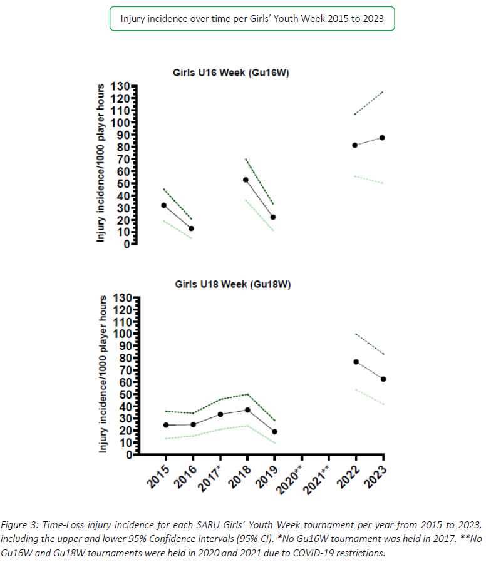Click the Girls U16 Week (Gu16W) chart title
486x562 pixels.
[231, 73]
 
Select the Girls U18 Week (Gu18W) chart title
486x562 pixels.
[233, 285]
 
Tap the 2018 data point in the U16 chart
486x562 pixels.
[246, 180]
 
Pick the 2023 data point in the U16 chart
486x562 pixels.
[382, 138]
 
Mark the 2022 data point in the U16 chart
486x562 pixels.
[355, 145]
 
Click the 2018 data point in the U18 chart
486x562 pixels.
[247, 410]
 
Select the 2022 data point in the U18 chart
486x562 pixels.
[356, 362]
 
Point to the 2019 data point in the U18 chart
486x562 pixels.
[274, 432]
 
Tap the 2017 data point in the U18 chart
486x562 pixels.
[220, 414]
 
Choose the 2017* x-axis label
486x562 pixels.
[214, 479]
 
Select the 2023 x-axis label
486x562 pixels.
[377, 477]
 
